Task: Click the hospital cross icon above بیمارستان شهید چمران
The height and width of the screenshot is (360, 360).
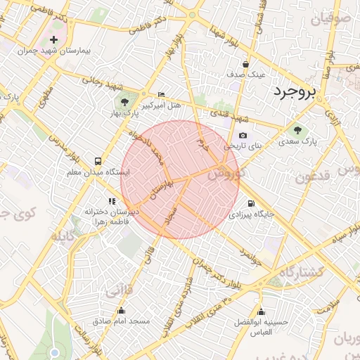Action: (x=54, y=39)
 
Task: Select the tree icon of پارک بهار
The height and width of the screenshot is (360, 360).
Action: (x=124, y=103)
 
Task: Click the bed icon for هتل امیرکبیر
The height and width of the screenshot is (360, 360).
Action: (x=162, y=95)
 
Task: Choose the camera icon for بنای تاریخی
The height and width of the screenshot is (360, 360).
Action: (x=243, y=136)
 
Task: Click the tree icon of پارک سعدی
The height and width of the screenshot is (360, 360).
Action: (x=298, y=129)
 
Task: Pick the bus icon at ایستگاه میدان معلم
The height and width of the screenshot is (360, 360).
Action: (x=96, y=160)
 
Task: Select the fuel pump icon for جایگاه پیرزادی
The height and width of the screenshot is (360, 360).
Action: (x=233, y=202)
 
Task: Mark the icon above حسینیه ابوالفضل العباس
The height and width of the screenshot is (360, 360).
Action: (x=262, y=312)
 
